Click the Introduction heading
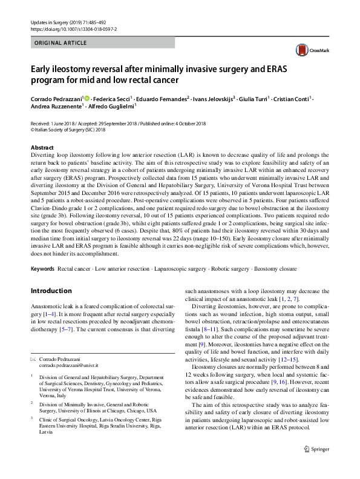51,291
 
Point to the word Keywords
42,268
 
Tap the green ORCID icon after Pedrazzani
87,98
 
